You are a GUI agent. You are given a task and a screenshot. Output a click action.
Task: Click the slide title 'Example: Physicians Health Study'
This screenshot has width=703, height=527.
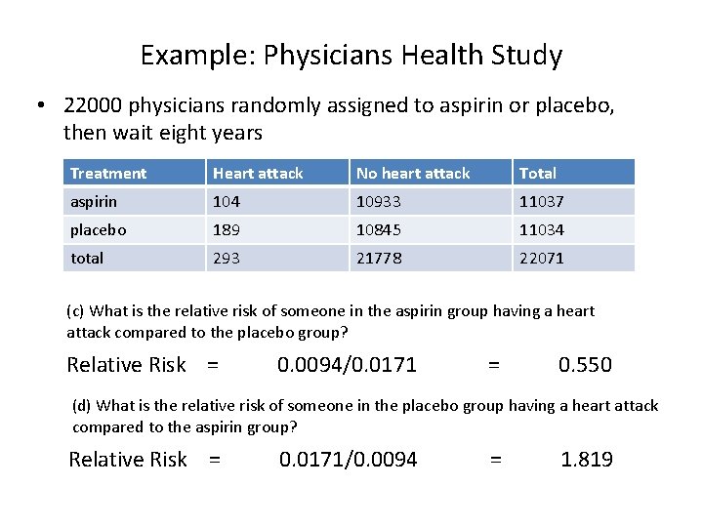351,55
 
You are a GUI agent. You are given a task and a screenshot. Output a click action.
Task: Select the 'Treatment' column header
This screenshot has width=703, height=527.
108,174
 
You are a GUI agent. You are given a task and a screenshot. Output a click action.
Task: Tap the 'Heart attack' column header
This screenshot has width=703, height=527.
258,174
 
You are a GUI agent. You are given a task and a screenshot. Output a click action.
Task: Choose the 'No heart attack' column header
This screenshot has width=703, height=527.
413,174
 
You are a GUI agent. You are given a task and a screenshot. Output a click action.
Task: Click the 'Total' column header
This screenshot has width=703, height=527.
538,174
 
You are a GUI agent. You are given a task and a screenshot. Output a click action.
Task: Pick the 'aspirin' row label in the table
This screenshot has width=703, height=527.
93,202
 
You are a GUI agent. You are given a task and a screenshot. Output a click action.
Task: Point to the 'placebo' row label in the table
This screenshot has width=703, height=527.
99,230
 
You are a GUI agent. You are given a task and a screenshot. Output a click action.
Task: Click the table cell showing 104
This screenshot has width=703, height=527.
227,202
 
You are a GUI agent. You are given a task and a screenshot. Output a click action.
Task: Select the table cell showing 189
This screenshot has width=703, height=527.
227,230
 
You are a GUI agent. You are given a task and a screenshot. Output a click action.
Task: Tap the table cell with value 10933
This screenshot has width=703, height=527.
379,202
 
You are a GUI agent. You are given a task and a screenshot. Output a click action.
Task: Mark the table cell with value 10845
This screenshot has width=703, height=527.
379,230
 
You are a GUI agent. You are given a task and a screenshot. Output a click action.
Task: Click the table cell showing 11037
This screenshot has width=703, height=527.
542,202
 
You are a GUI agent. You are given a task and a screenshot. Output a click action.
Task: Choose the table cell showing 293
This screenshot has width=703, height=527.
227,259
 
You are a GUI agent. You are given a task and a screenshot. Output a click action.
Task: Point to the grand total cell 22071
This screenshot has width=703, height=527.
542,259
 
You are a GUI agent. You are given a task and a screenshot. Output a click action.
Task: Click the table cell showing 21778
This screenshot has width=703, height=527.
379,259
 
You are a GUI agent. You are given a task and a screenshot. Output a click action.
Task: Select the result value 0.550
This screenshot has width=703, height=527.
585,365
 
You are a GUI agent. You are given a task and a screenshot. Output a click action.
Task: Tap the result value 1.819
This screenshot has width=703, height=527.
587,460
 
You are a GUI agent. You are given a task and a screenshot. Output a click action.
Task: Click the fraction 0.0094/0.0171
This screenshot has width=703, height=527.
347,365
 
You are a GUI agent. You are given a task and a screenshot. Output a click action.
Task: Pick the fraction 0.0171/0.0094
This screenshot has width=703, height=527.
349,460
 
